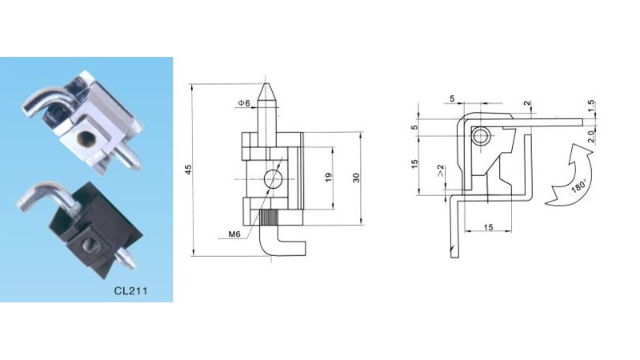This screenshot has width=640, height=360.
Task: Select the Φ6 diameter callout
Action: click(x=243, y=103)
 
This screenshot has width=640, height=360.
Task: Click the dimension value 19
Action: click(x=329, y=178)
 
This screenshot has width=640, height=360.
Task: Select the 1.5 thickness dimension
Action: click(x=591, y=106)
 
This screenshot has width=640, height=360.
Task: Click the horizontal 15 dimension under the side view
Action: click(x=486, y=228)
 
